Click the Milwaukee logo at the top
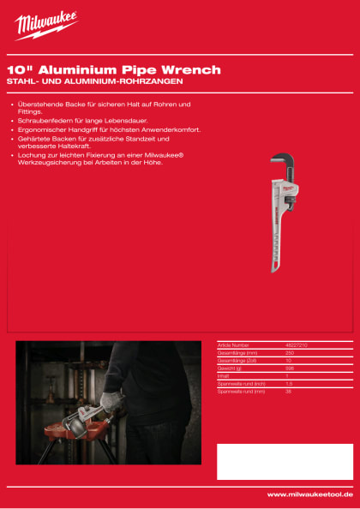(x=46, y=26)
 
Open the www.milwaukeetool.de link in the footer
(x=309, y=494)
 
